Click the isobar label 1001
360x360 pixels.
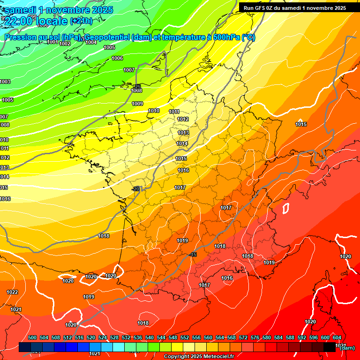(52, 42)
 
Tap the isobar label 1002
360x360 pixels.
(65, 44)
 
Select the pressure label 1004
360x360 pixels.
(91, 42)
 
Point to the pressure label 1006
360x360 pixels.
(117, 58)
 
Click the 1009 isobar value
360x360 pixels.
(137, 104)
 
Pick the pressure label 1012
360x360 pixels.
(183, 119)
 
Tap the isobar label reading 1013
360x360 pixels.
(183, 133)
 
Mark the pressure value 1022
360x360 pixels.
(12, 292)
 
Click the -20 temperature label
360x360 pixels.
(136, 189)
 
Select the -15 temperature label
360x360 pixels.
(194, 255)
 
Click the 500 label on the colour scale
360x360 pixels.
(32, 337)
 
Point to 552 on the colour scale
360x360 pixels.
(185, 337)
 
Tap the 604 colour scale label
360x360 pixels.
(337, 337)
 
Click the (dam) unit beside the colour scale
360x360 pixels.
(347, 348)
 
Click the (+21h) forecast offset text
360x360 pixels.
(81, 21)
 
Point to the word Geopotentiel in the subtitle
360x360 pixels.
(107, 37)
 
